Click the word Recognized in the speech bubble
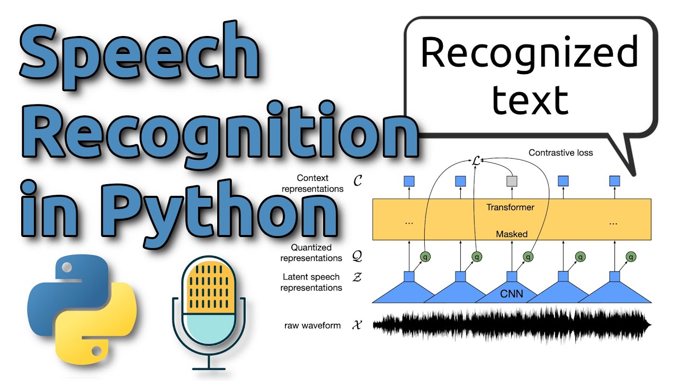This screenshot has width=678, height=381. (x=529, y=53)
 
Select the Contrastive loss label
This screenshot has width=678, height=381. (x=560, y=153)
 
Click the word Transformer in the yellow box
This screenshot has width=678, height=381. (x=510, y=207)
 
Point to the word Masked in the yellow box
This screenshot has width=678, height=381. (x=511, y=234)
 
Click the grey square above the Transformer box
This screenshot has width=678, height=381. (x=512, y=182)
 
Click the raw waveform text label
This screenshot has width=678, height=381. (x=312, y=325)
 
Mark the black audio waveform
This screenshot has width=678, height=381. (x=512, y=325)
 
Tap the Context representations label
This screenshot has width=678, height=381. (x=313, y=184)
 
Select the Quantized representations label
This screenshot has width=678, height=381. (x=311, y=253)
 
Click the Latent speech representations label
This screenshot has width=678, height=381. (x=311, y=283)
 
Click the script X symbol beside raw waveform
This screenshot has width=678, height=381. (x=358, y=325)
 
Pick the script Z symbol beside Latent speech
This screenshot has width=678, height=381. (x=358, y=277)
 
